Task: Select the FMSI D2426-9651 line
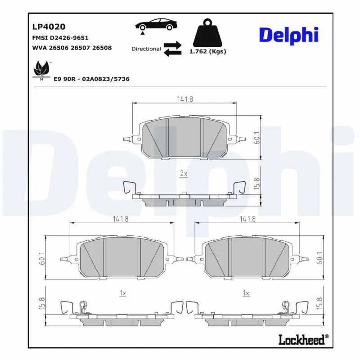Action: [x=60, y=38]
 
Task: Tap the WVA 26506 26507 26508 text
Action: [x=72, y=48]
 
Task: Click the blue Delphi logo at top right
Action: [x=288, y=36]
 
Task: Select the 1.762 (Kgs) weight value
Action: [x=207, y=51]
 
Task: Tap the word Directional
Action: [x=146, y=49]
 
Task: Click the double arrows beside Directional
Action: [x=172, y=49]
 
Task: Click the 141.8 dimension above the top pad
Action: [x=184, y=99]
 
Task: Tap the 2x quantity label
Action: [x=184, y=173]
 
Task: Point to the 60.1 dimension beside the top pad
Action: [x=257, y=138]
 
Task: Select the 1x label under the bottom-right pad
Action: [x=246, y=293]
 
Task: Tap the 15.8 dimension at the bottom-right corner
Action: [x=320, y=302]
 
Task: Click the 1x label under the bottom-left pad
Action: [x=122, y=293]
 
